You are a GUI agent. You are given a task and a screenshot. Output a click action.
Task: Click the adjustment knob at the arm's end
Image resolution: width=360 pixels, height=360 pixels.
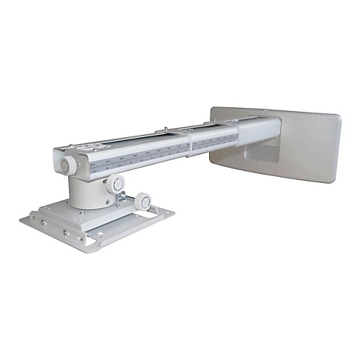pyautogui.click(x=67, y=164)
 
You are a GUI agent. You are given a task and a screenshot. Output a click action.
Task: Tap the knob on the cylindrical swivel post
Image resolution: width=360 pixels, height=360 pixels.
pyautogui.click(x=116, y=185)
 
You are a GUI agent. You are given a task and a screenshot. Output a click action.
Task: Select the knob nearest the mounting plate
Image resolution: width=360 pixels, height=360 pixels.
pyautogui.click(x=143, y=202)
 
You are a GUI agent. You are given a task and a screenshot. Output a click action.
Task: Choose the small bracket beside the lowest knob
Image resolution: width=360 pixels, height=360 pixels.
pyautogui.click(x=133, y=208)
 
